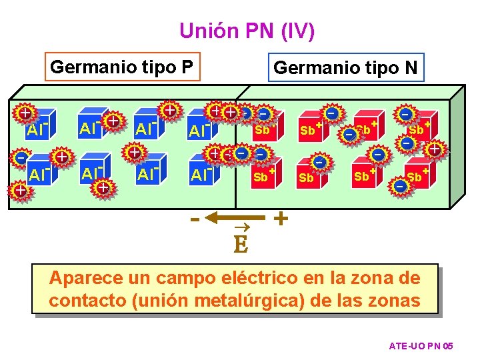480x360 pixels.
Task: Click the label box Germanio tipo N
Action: [x=345, y=67]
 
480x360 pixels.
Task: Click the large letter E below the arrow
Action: [x=241, y=246]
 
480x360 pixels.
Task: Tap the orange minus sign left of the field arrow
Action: [x=195, y=218]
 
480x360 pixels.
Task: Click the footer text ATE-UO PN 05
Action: [x=421, y=346]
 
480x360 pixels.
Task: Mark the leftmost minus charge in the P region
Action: [x=21, y=159]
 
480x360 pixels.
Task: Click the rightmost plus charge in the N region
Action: [x=434, y=149]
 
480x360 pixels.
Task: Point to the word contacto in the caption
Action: [x=87, y=301]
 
